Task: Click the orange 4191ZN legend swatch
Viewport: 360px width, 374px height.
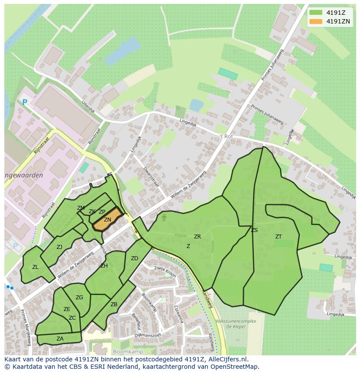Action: [316, 21]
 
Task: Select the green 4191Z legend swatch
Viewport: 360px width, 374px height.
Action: [316, 12]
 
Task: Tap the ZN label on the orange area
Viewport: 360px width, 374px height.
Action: [107, 220]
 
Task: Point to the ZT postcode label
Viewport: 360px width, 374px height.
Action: [278, 237]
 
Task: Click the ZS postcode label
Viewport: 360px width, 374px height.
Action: [254, 230]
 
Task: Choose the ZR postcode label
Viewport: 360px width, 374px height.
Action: [197, 237]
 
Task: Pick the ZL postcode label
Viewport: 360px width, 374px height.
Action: [35, 267]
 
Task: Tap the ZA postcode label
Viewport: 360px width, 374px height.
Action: [60, 339]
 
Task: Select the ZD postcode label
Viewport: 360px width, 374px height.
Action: [134, 258]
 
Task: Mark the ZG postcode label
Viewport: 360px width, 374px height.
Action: [79, 298]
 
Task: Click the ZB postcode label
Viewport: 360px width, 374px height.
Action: [114, 304]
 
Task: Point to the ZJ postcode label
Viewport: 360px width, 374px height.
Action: [59, 247]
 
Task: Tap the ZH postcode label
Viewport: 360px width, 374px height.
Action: [104, 266]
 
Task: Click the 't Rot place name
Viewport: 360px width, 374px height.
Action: [227, 136]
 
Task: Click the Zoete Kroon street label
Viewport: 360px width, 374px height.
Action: [165, 271]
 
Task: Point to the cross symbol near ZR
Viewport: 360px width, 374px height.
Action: [164, 217]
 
